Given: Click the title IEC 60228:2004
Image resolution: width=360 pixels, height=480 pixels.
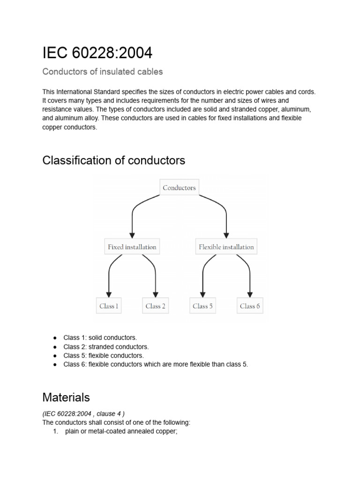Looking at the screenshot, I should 97,53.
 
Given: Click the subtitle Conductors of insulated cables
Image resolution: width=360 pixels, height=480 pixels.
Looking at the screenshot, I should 102,72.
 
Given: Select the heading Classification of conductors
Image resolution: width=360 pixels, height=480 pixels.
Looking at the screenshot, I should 113,160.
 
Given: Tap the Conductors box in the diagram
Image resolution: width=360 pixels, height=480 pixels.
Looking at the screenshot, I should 179,187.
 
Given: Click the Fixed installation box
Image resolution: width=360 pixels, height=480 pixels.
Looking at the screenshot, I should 132,247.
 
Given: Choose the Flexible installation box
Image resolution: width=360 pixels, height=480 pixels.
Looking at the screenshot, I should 226,247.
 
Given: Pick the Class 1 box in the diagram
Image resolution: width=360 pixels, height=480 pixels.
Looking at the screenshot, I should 109,306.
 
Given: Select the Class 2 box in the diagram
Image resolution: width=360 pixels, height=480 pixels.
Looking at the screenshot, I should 156,306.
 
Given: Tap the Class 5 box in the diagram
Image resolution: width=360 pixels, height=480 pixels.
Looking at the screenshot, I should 202,306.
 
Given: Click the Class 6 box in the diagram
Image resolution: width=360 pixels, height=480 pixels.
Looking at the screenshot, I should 250,306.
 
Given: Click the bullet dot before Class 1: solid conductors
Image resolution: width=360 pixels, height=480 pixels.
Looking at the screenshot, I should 55,338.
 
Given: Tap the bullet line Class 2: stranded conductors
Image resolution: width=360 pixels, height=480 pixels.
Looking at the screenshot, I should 106,347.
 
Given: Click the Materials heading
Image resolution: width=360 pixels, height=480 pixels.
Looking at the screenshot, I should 66,397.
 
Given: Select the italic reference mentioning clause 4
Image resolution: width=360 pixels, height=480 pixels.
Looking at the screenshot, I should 83,413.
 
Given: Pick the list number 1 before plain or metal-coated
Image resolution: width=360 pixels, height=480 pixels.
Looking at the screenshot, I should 55,431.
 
